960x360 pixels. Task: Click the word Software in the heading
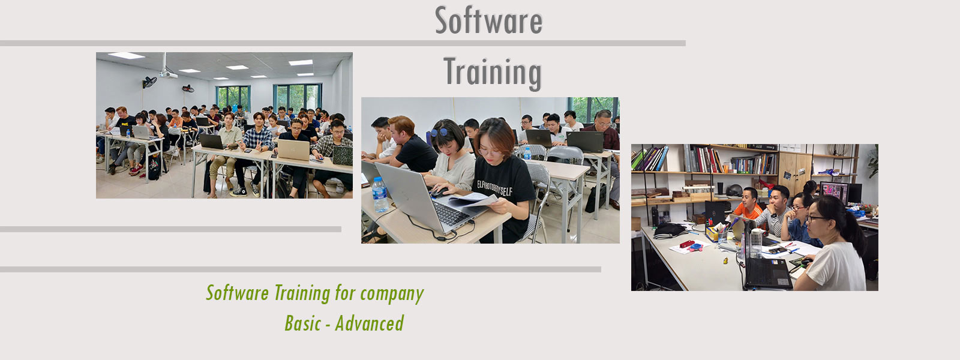[x=488, y=20]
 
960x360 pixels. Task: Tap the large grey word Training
[x=493, y=73]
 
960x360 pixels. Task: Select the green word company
[x=392, y=293]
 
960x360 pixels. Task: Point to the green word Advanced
[x=370, y=323]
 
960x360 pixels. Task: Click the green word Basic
[x=302, y=323]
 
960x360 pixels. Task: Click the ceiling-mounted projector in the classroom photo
[x=168, y=74]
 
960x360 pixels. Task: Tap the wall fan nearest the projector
[x=149, y=82]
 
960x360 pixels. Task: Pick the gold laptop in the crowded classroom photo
[x=293, y=149]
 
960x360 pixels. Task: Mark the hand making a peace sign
[x=259, y=145]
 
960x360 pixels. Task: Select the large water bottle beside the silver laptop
[x=380, y=194]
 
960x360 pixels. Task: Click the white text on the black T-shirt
[x=494, y=188]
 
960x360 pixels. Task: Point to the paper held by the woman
[x=473, y=200]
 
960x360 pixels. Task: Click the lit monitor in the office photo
[x=833, y=193]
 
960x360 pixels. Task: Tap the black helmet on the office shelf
[x=734, y=190]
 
